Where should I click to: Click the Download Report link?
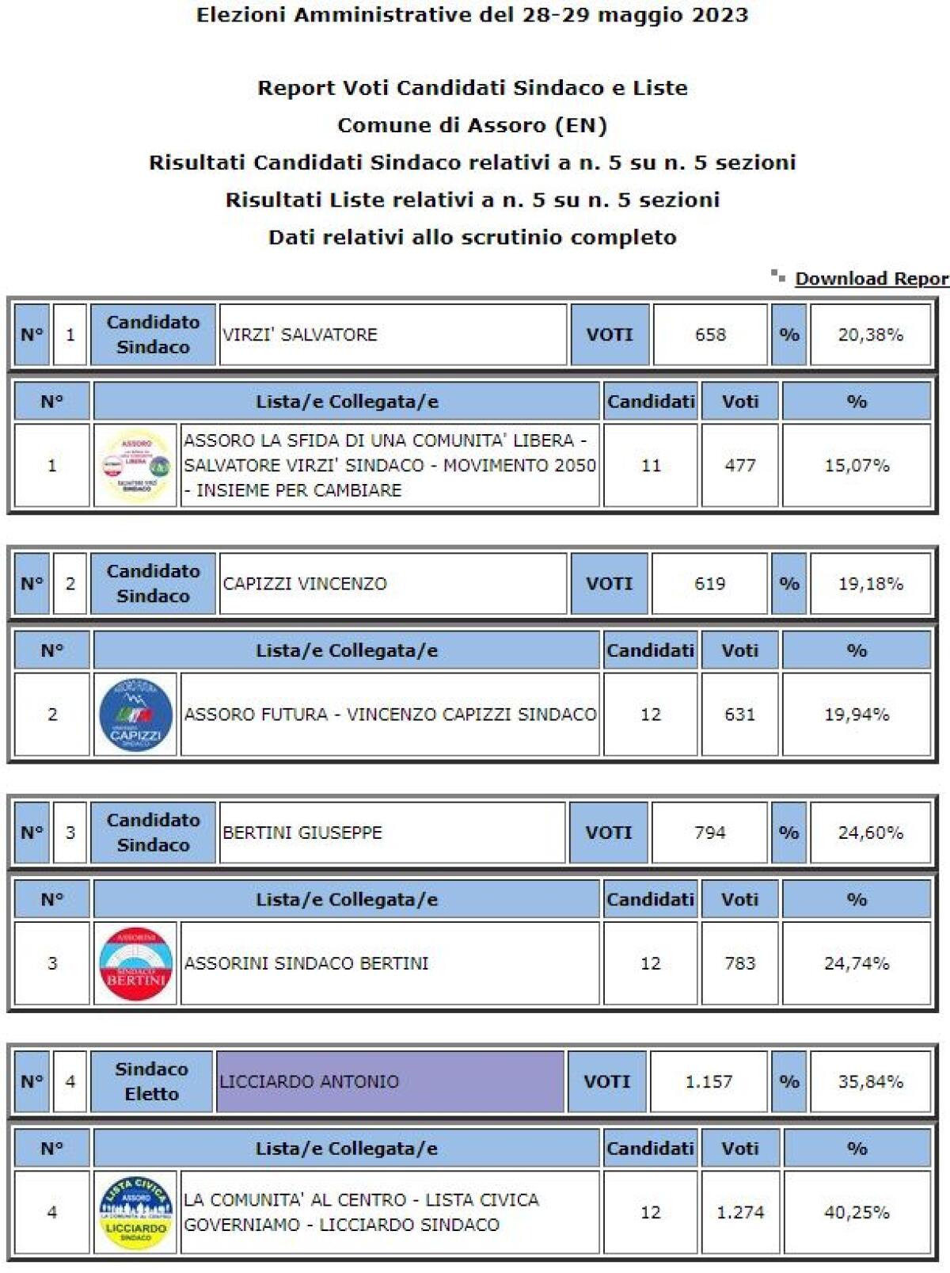(x=871, y=279)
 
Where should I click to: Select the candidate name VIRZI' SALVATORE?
(x=300, y=335)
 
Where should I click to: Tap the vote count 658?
(x=710, y=335)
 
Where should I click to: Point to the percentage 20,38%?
(x=870, y=335)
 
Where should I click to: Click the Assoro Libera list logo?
(x=136, y=466)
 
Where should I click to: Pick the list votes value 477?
(x=739, y=466)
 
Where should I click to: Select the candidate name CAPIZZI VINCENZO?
(x=305, y=584)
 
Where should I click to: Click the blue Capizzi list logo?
(x=136, y=715)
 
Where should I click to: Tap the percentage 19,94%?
(x=857, y=715)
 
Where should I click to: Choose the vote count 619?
(x=709, y=584)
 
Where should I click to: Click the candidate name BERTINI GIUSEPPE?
(x=302, y=833)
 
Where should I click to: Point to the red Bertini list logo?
(x=136, y=963)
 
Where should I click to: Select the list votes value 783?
(x=739, y=963)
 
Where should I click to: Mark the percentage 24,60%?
(x=870, y=833)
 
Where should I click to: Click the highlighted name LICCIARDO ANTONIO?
(x=310, y=1081)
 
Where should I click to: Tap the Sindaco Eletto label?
(x=151, y=1081)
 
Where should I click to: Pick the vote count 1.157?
(x=709, y=1081)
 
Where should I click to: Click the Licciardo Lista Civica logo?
(x=136, y=1212)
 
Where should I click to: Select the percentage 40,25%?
(x=857, y=1212)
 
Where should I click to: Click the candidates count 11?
(x=651, y=466)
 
